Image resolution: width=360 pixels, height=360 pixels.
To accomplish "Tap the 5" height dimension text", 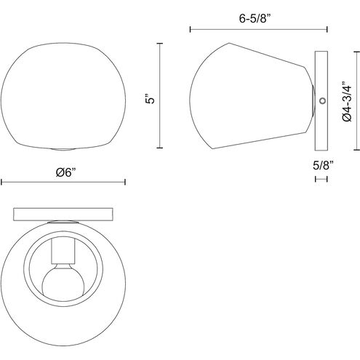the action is tap(151, 98).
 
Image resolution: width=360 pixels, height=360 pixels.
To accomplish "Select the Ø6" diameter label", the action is tap(66, 172).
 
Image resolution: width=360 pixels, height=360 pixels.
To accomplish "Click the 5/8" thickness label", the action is tap(323, 166).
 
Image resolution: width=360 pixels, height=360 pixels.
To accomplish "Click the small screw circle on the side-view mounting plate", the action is tap(322, 100).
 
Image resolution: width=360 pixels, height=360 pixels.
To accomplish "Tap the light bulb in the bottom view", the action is tap(63, 280).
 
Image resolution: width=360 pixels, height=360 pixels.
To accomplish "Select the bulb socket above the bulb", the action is tap(63, 251).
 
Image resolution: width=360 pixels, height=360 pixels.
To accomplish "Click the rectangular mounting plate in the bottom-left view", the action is tap(63, 215).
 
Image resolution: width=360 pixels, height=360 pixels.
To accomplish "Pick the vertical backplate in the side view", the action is tap(321, 101).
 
